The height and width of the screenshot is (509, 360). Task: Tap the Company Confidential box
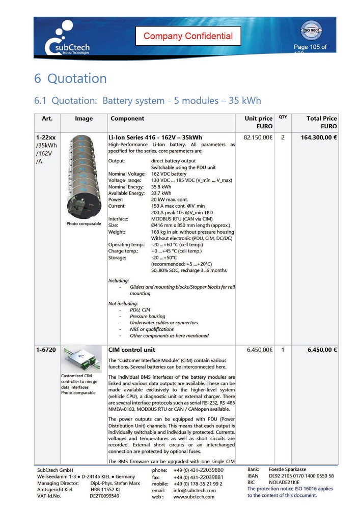pos(188,36)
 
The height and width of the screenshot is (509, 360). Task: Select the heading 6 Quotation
pos(70,78)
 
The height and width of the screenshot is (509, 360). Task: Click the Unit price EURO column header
pos(259,122)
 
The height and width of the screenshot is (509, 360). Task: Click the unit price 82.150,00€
pos(259,138)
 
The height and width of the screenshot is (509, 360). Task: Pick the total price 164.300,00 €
pos(315,138)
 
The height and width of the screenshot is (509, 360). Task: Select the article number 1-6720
pos(46,350)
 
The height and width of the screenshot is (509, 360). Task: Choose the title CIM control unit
pos(132,350)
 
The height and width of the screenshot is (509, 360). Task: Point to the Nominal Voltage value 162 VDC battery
pos(172,174)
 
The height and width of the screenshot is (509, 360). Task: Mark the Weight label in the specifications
pos(117,232)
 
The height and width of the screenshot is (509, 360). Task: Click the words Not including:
pos(123,303)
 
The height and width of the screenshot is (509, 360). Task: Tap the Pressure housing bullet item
pos(147,316)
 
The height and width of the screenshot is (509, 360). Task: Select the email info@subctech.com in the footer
pos(195,490)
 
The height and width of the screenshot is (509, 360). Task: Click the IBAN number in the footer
pos(301,475)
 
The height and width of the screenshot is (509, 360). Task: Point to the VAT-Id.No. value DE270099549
pos(104,496)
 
